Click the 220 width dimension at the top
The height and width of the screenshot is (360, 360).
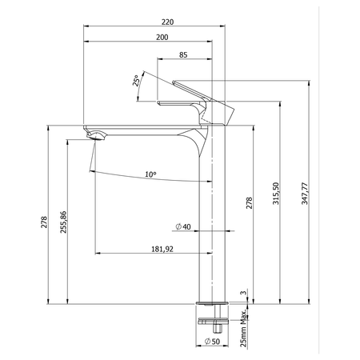[167, 22]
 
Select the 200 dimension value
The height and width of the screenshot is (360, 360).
[162, 38]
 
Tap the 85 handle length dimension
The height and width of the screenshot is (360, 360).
[183, 55]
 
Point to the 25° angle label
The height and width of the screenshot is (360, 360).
[136, 81]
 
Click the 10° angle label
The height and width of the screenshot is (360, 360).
[150, 174]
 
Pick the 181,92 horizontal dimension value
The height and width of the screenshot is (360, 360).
[162, 249]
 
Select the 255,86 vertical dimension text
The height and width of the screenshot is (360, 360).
[63, 222]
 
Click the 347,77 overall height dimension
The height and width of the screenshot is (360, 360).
[305, 194]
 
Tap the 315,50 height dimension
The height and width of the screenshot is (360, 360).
[276, 194]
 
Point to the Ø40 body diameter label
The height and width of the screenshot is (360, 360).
[183, 226]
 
